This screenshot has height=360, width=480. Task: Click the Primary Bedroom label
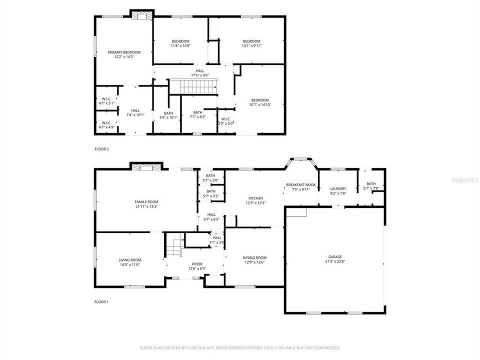(x=124, y=52)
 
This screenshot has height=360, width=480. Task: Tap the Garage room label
(x=335, y=257)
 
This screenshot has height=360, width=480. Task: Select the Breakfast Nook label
(x=301, y=185)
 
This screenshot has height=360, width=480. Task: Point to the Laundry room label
(x=338, y=188)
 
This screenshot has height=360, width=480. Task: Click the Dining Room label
(x=255, y=257)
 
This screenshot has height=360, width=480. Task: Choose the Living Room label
(x=130, y=260)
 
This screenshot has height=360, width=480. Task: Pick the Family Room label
(x=146, y=201)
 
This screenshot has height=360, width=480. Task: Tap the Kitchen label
(x=255, y=198)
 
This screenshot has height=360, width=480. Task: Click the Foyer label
(x=197, y=263)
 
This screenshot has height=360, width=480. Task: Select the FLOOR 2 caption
(x=101, y=149)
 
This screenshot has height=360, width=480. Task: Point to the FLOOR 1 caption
(x=101, y=302)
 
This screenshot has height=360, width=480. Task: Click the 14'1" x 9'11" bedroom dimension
(x=251, y=45)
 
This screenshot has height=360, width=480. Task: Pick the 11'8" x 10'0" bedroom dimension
(x=180, y=45)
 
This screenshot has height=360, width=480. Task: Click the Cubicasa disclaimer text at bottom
(x=240, y=347)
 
